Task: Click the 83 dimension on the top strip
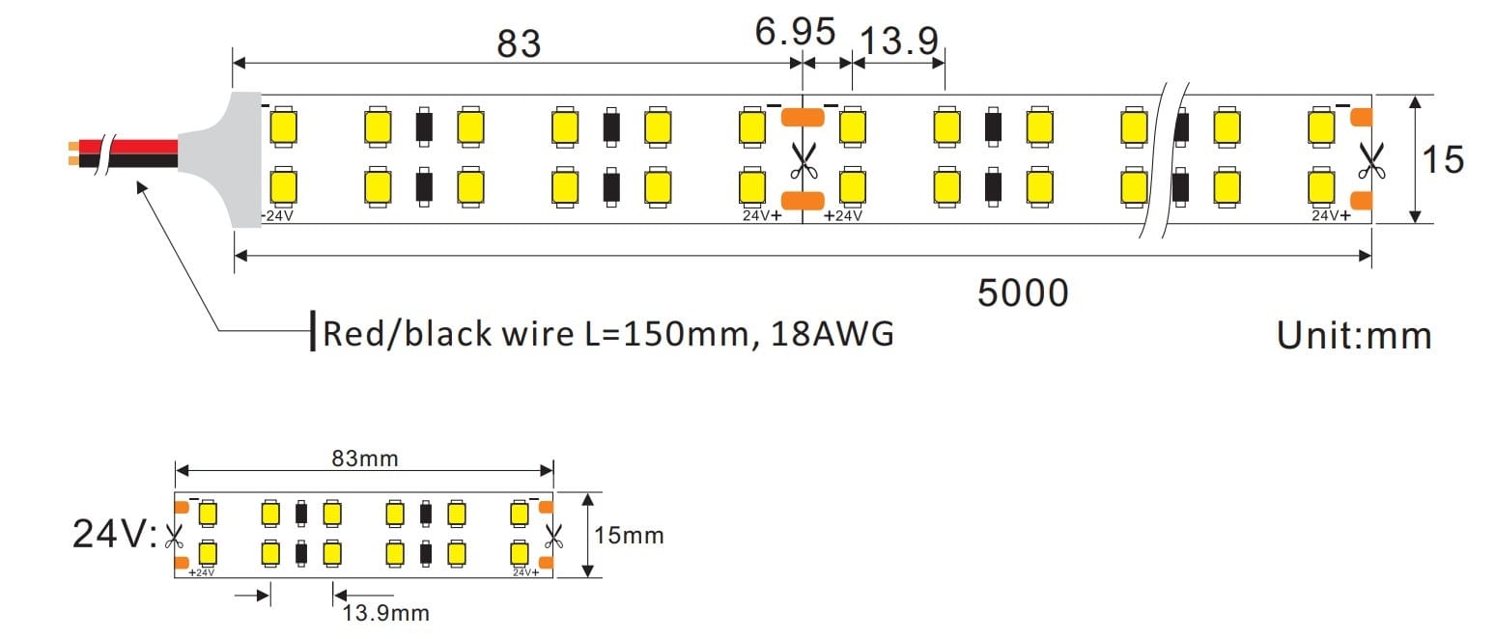[519, 43]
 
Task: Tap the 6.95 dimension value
[795, 33]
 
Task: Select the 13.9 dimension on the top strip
[898, 42]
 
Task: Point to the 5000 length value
[1023, 292]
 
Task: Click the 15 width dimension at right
[1442, 159]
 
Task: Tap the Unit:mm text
[1354, 335]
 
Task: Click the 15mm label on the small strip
[629, 534]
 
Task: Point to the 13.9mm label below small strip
[385, 612]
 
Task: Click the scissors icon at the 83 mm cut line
[801, 160]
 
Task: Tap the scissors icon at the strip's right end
[1368, 160]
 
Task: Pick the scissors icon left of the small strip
[174, 533]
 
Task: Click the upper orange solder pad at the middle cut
[802, 118]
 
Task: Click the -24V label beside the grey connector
[279, 215]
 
